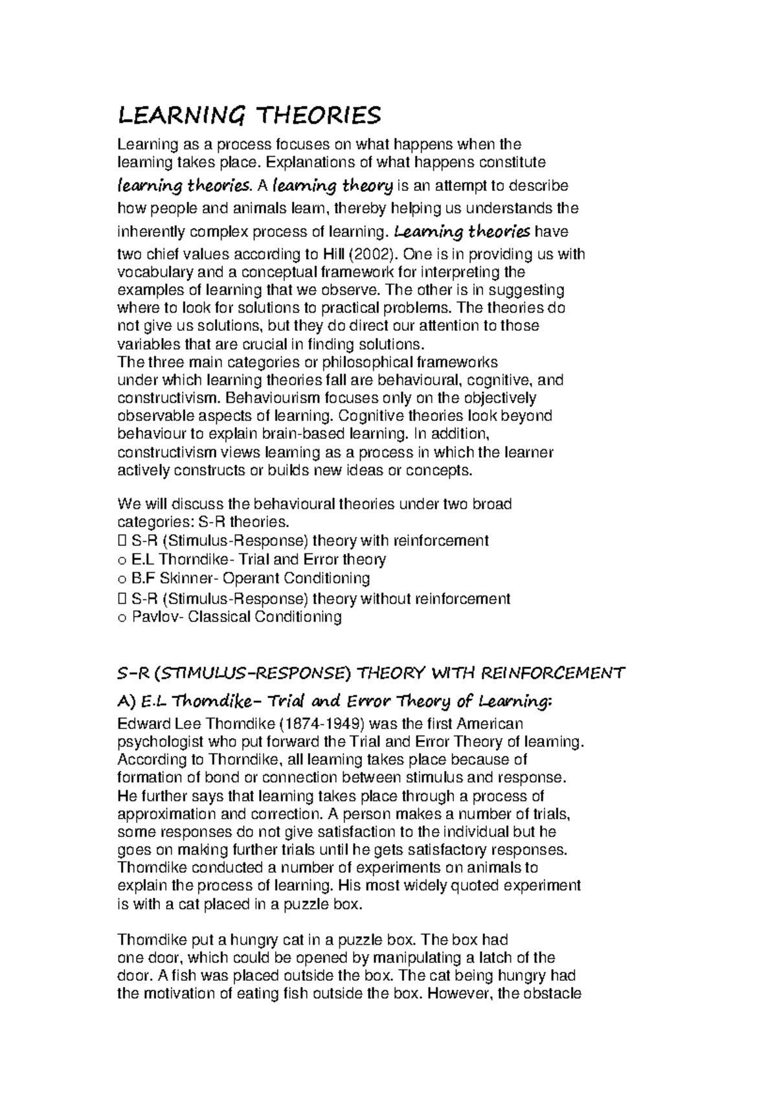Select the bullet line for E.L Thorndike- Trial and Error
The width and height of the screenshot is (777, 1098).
(251, 559)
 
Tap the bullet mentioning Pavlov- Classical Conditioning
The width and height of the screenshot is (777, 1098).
(229, 616)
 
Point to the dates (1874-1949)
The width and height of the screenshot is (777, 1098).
(313, 723)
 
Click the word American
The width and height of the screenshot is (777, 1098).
(490, 723)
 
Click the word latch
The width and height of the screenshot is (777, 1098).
(499, 958)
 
